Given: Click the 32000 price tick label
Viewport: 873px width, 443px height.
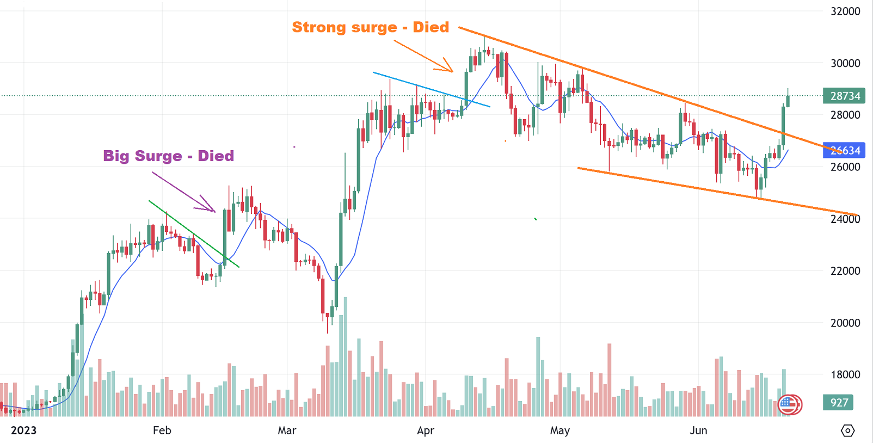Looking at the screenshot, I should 845,11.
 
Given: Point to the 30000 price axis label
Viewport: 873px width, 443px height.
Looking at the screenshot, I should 845,63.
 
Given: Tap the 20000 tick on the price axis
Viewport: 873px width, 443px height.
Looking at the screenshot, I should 845,323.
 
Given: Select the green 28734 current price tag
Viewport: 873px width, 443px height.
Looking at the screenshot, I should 845,96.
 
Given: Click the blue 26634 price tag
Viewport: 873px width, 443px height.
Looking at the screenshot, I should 845,150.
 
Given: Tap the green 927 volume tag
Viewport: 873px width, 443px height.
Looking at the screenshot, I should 838,403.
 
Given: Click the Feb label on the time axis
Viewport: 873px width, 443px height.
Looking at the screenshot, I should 162,430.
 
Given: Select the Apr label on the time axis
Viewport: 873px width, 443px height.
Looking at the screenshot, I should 426,430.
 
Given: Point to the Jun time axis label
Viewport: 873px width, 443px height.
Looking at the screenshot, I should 698,430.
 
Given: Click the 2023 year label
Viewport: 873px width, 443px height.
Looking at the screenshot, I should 23,430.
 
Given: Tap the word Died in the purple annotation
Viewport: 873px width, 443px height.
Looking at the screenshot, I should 216,156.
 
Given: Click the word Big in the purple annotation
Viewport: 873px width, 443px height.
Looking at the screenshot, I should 115,156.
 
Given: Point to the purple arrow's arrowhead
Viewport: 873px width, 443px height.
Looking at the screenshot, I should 213,210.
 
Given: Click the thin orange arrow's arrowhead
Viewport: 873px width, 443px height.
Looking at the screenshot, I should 450,69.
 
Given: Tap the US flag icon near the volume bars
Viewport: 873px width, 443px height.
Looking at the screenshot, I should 789,404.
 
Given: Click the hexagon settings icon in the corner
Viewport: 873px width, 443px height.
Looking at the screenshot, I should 847,430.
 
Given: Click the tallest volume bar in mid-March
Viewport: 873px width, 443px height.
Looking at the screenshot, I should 345,356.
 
